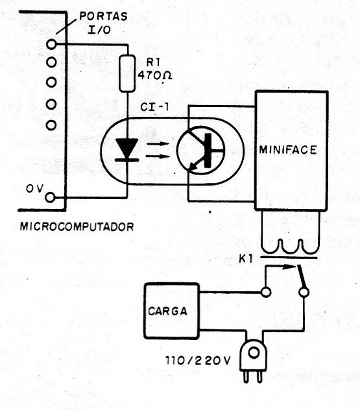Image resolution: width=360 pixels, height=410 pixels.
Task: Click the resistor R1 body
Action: pos(127,73)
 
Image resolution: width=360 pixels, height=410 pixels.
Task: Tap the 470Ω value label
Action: pos(155,76)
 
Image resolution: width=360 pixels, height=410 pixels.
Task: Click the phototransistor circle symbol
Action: pos(200,150)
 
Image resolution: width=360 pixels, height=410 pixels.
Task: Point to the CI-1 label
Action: pos(154,107)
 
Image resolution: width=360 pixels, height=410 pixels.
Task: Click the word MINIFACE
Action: pos(288,150)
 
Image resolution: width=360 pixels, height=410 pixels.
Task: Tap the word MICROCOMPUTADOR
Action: pos(77,226)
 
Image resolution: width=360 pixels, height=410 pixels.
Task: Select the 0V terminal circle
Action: pos(50,197)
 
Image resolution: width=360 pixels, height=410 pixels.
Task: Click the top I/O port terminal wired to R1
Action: pos(51,44)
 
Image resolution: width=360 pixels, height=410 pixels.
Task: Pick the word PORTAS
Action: pos(103,16)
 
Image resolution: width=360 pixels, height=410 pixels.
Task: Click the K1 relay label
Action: pos(246,259)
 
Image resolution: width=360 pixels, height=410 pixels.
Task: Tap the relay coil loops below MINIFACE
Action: pos(290,247)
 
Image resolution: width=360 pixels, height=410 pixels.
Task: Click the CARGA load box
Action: pos(171,311)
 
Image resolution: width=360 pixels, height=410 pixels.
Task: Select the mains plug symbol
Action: pos(253,361)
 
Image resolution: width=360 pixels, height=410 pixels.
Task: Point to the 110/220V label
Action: pos(198,361)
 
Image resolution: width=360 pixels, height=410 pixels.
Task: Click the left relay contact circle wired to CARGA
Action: pos(265,292)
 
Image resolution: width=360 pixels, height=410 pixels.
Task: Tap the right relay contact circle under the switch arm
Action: pos(304,292)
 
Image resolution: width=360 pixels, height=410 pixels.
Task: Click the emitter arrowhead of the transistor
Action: pos(193,166)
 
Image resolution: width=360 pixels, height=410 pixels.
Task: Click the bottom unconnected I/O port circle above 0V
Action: pos(51,125)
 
